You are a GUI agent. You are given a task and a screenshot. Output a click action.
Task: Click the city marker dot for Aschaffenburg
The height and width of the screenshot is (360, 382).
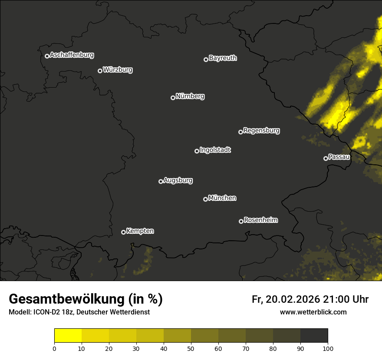tap(47, 56)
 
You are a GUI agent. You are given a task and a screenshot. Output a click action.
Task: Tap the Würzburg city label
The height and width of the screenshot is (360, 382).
tap(118, 70)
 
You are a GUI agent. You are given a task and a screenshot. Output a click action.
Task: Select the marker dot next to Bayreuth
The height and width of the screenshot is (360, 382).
tap(206, 59)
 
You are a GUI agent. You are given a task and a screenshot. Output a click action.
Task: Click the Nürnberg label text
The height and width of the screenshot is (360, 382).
tap(190, 96)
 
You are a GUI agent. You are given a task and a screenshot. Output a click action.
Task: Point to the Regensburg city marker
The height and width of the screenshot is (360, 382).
tap(240, 132)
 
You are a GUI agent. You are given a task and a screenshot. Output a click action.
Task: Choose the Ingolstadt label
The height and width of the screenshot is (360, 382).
tap(215, 150)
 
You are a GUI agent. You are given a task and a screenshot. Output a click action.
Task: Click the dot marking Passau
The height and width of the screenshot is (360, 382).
tap(326, 158)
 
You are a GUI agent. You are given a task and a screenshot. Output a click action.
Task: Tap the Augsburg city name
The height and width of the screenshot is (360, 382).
tap(178, 180)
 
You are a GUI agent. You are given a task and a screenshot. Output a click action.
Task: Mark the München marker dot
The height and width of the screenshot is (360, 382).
tap(205, 199)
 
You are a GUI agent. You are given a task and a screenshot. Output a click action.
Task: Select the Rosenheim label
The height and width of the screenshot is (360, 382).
tap(261, 220)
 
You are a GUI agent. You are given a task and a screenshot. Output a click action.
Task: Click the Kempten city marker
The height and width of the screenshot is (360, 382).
tap(123, 232)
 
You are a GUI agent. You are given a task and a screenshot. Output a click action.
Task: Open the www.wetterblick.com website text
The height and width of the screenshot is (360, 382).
tap(313, 312)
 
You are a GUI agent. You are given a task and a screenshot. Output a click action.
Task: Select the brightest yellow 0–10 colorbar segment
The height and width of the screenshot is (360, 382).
tap(68, 336)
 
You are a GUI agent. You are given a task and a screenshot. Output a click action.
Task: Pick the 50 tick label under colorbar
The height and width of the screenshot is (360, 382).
tap(191, 348)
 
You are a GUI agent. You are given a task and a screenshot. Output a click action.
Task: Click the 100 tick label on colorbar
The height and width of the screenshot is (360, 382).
tap(328, 348)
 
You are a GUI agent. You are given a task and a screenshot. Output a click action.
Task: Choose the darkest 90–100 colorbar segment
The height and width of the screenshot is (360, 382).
tap(314, 336)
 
